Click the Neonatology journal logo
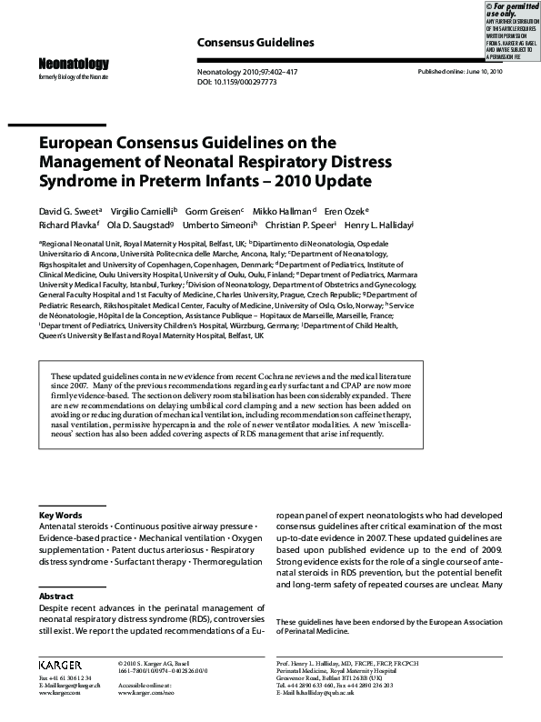click(73, 64)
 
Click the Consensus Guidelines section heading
click(255, 43)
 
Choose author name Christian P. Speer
click(299, 224)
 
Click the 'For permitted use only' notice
click(513, 10)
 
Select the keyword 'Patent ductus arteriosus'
click(156, 550)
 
